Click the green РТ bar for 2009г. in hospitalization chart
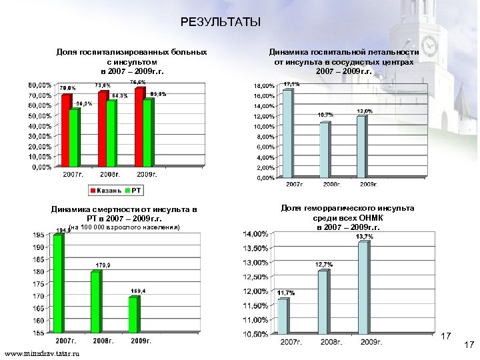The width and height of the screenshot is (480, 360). click(x=147, y=131)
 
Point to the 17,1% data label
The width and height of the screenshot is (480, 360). click(x=291, y=85)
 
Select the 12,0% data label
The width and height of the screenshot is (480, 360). click(x=365, y=111)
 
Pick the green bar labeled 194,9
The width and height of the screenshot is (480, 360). click(x=58, y=283)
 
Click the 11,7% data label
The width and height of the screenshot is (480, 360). click(x=286, y=293)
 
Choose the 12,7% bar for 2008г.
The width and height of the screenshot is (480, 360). click(x=323, y=301)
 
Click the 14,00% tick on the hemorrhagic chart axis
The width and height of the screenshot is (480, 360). click(x=256, y=234)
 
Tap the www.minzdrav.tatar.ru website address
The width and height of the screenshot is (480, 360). click(x=41, y=353)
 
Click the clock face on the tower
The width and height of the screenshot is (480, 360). click(x=429, y=46)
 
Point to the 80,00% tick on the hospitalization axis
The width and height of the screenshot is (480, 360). click(x=39, y=85)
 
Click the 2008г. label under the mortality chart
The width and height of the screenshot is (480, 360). click(x=104, y=341)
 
